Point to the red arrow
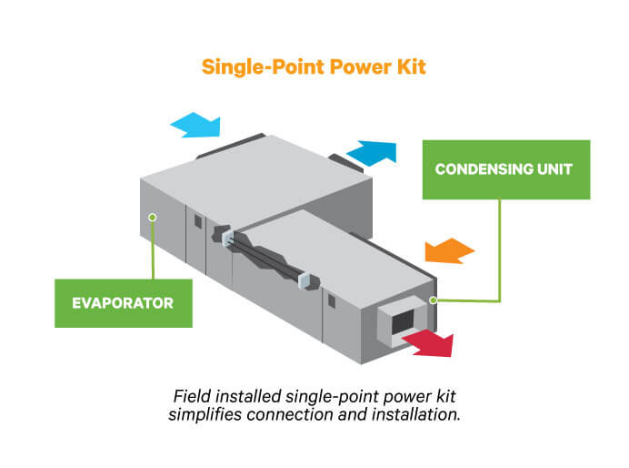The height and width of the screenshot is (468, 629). pos(428,342)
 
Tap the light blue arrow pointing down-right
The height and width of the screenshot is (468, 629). pos(195,125)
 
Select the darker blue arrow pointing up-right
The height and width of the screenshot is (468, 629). pos(372,150)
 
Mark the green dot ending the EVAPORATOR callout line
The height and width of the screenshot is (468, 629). pos(153,217)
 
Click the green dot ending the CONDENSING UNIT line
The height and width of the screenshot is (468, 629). pos(434,300)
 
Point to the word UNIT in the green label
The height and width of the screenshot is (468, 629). pos(554,169)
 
